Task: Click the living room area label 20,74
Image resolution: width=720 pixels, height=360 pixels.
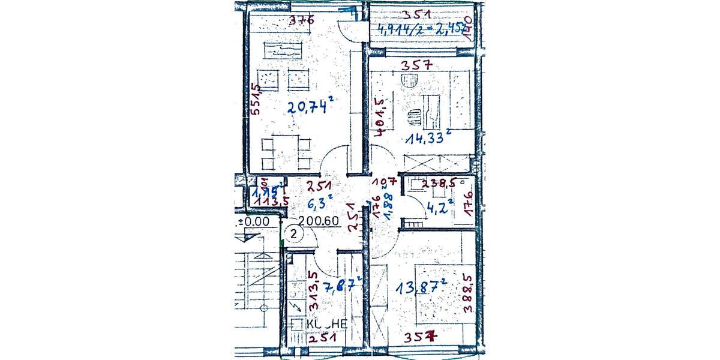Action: (309, 107)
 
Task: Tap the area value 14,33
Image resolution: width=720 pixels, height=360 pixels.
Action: (428, 138)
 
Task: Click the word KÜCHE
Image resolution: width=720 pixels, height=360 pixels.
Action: (326, 324)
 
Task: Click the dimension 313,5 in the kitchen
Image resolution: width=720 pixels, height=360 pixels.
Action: (312, 290)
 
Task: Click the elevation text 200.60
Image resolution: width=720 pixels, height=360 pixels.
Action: (323, 220)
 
